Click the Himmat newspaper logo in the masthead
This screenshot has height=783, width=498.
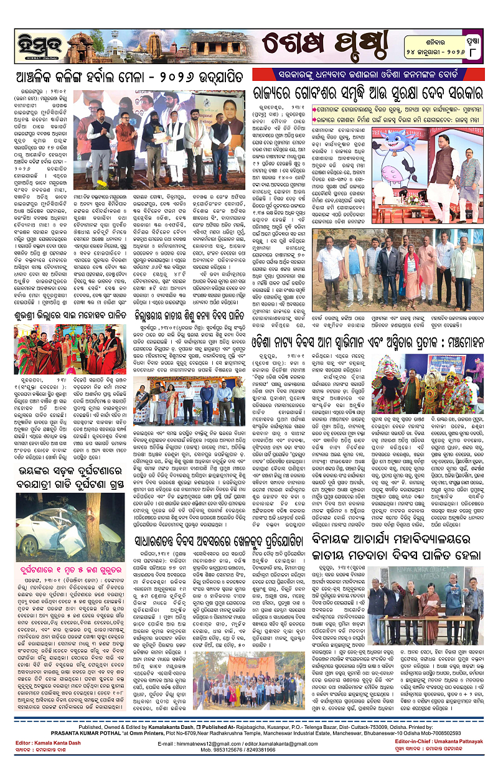click(29, 44)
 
